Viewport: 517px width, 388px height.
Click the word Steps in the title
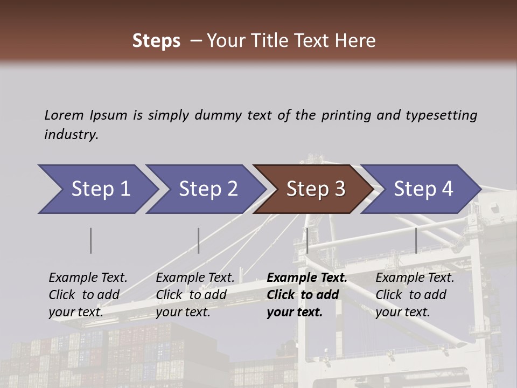click(156, 41)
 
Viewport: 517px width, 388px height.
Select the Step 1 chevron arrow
click(97, 189)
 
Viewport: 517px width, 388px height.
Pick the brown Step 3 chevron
click(313, 189)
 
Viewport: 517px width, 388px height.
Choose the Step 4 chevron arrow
click(421, 189)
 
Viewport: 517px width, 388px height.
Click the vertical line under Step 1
click(91, 240)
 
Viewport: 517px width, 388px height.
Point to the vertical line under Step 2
click(199, 240)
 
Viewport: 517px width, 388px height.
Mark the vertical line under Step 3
click(307, 240)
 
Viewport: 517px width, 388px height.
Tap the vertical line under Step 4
click(416, 240)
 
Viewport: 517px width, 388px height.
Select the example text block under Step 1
click(88, 294)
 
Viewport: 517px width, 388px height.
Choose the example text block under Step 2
click(195, 294)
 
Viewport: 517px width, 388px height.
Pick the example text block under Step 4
click(415, 294)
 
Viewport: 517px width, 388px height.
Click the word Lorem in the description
click(64, 115)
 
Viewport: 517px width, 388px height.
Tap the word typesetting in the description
click(441, 115)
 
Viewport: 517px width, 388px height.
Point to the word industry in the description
click(71, 135)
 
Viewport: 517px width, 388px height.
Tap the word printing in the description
click(347, 115)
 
